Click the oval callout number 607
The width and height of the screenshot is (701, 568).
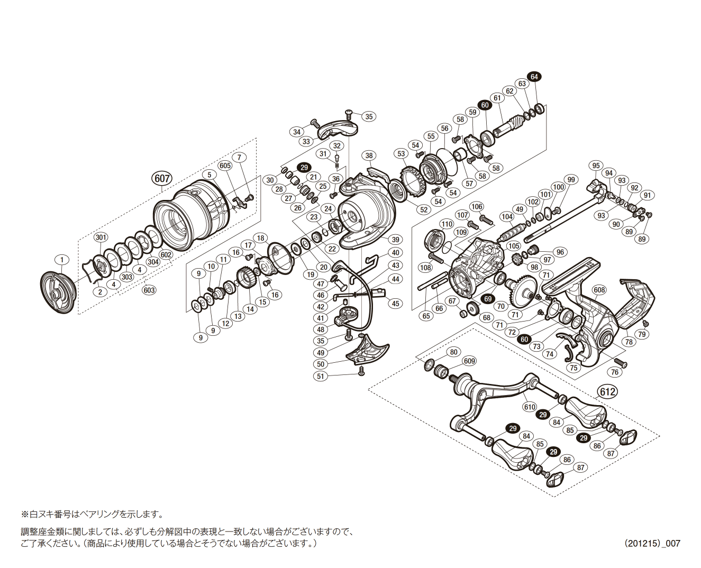pos(162,178)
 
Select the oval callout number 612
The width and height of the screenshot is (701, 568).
pos(607,392)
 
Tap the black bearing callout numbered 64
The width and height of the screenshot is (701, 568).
pos(534,77)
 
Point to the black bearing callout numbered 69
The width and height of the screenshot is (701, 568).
pos(488,299)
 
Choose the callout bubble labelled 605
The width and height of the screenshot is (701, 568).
pos(225,166)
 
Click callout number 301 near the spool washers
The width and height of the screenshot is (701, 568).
pos(101,237)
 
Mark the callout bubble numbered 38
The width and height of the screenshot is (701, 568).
pos(369,155)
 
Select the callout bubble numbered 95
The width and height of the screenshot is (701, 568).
pos(596,166)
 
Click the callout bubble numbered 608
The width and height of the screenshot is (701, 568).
pos(599,290)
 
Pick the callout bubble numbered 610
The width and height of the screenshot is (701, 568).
pos(530,407)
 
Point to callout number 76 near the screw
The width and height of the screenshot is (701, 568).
pos(614,372)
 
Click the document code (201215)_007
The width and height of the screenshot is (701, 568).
pos(652,543)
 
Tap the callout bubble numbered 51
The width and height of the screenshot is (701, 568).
pos(321,376)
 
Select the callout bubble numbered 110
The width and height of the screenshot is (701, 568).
pos(447,224)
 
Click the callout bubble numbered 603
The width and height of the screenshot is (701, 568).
pos(149,290)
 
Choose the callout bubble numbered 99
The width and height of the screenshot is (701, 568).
pos(571,180)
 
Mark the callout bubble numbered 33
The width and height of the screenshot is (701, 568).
pos(306,142)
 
